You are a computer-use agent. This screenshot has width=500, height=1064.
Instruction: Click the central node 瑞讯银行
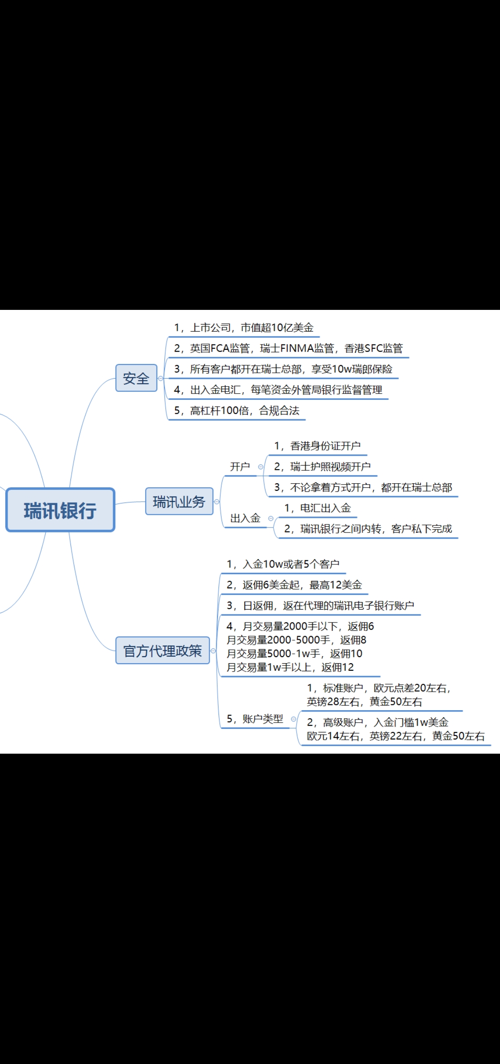60,510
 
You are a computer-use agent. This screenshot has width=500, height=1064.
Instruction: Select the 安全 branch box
137,378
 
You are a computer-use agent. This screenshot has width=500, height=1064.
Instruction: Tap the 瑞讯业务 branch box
179,501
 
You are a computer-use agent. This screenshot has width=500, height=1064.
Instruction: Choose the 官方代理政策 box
163,650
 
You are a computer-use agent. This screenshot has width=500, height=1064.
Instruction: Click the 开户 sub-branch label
240,466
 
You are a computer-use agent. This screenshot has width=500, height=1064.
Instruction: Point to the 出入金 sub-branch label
245,518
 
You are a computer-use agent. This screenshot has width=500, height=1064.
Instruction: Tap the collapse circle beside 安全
160,378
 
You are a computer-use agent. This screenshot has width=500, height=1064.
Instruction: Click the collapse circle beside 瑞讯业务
217,501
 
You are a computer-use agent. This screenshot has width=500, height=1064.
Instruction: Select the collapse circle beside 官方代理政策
213,650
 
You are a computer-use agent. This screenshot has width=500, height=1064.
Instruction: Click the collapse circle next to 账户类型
293,719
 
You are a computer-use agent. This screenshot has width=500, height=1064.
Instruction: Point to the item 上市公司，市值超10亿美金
244,328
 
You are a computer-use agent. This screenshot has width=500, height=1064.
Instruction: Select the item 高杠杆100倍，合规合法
237,411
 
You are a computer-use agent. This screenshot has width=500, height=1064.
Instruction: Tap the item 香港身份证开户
317,446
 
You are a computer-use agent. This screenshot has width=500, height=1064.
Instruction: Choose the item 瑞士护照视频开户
322,466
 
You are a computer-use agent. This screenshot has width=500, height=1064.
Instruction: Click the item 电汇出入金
317,508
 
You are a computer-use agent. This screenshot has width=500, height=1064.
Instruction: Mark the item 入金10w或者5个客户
283,564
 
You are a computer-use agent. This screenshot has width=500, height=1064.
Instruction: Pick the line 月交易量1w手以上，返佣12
290,667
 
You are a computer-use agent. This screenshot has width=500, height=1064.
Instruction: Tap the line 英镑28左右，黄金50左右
364,702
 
